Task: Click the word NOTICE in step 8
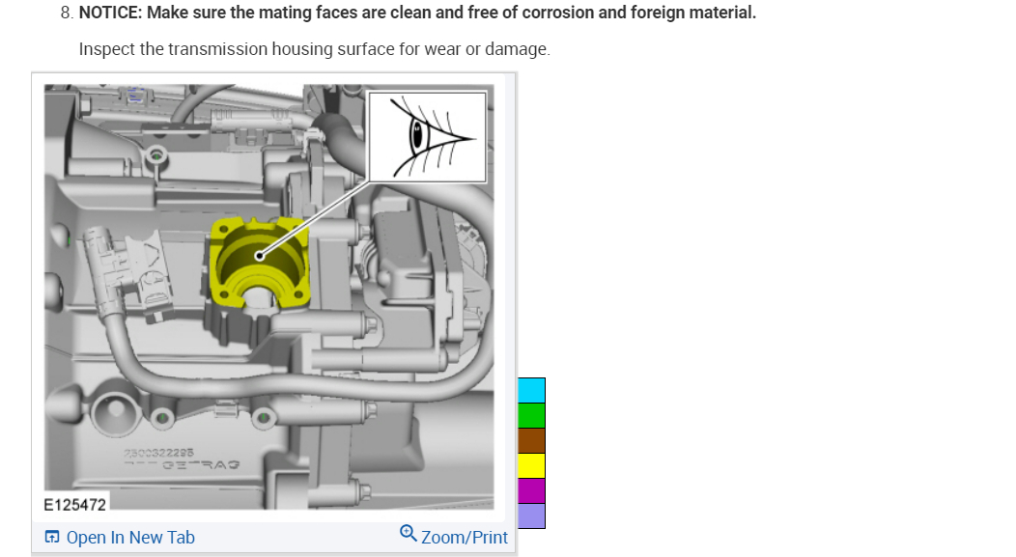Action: (124, 14)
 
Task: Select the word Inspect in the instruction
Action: (106, 48)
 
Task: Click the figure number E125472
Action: (75, 504)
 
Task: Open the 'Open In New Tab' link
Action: (129, 538)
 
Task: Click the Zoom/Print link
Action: (464, 538)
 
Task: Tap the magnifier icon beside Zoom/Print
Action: (409, 534)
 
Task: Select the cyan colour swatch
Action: (532, 390)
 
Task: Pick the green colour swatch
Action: (532, 415)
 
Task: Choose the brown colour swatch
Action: (532, 440)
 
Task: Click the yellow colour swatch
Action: (532, 465)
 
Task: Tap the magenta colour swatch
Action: (532, 490)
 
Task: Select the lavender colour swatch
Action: (532, 515)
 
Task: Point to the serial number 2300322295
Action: (160, 452)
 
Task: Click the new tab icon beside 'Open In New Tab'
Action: (52, 538)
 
